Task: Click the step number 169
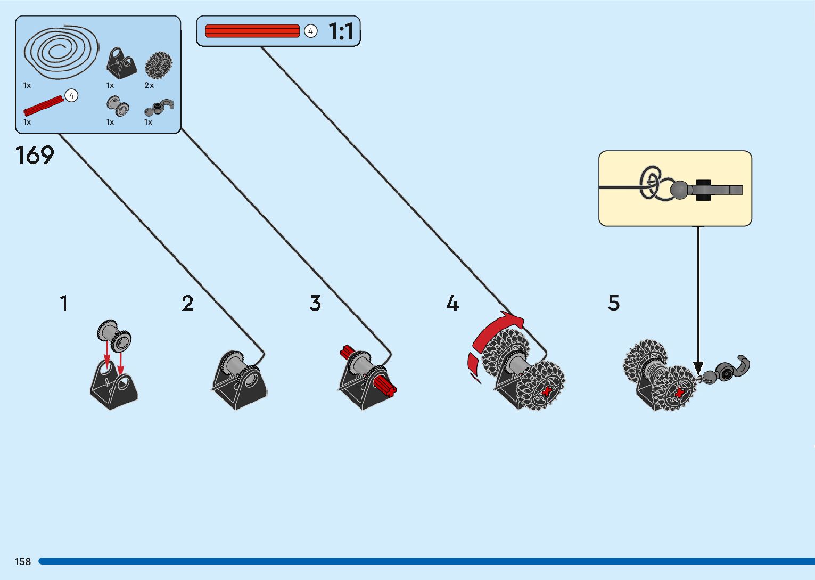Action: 35,156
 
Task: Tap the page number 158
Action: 23,561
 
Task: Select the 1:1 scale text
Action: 341,31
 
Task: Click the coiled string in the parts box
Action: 60,51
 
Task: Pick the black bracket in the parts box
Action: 121,62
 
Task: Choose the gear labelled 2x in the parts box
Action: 158,66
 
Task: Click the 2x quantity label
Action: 149,85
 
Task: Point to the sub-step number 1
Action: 64,303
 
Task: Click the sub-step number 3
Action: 315,303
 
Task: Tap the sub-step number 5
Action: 614,303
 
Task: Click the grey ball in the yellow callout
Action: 679,189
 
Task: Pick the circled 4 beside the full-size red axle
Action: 310,31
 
